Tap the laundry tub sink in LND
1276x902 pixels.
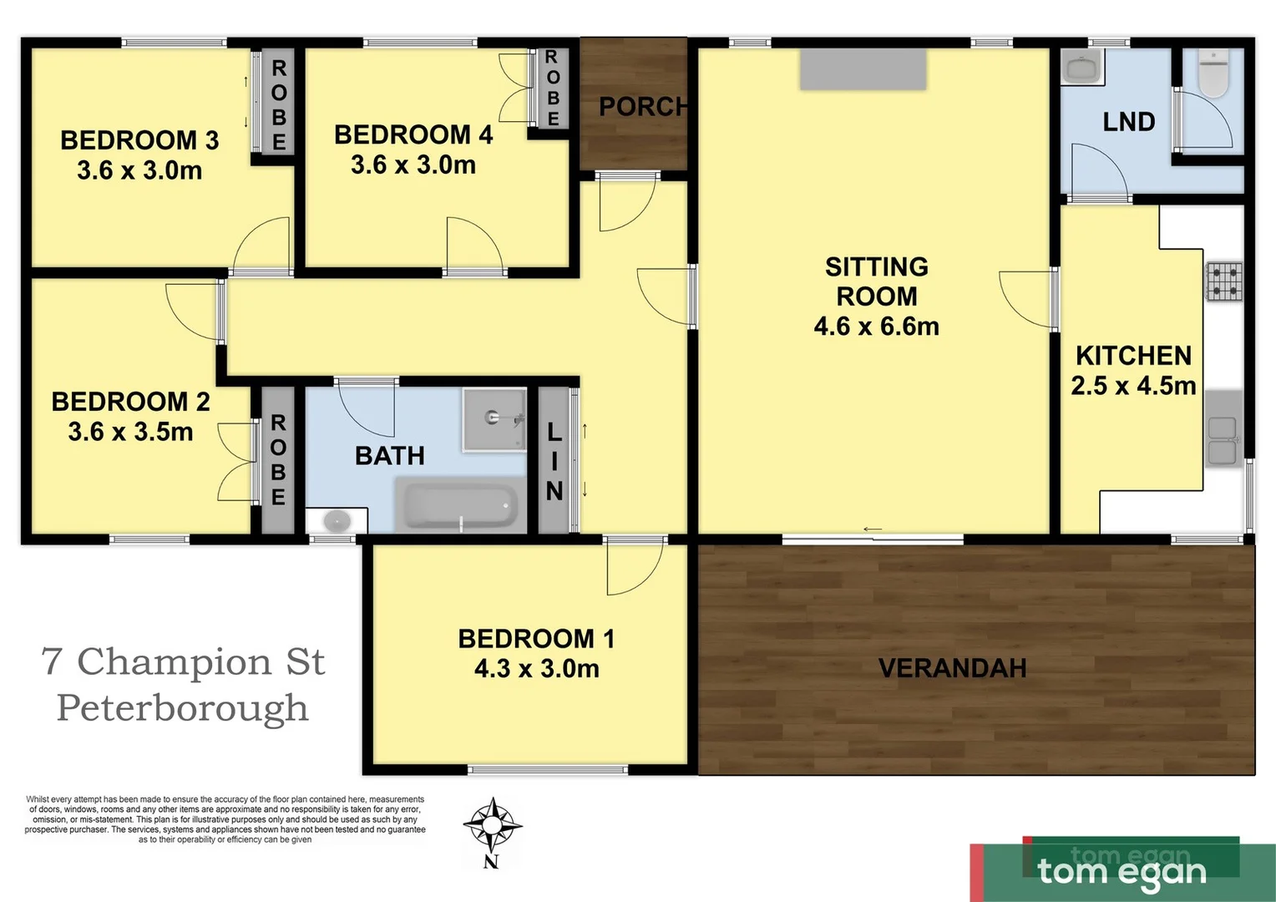click(x=1082, y=68)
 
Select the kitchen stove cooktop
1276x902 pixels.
click(x=1223, y=281)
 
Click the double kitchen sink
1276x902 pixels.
click(x=1223, y=440)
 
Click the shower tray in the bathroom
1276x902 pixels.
click(x=494, y=418)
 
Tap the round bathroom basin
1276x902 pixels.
click(x=337, y=521)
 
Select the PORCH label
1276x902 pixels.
click(x=643, y=107)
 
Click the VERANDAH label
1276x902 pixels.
click(x=952, y=668)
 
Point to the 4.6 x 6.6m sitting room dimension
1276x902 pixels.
click(x=876, y=326)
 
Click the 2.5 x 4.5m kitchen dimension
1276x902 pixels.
click(x=1133, y=386)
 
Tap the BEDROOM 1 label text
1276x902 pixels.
click(x=536, y=639)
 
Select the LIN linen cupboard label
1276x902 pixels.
click(x=554, y=461)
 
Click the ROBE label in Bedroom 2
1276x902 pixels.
click(x=278, y=459)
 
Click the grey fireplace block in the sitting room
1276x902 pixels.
click(x=863, y=69)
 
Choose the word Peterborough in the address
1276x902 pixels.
click(x=182, y=708)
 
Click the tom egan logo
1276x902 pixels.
click(x=1122, y=871)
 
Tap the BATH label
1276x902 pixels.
click(x=390, y=456)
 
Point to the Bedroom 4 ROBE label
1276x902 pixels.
click(x=552, y=88)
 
